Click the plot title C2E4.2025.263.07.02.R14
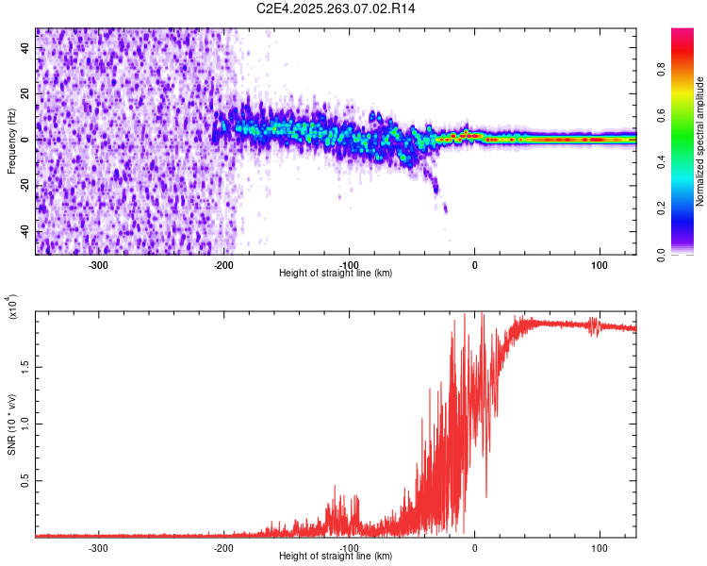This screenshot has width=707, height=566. (x=337, y=8)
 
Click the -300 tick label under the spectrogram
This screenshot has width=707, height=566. (x=99, y=264)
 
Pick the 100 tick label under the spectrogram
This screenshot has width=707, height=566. (x=599, y=264)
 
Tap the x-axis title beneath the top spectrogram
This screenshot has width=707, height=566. (x=336, y=274)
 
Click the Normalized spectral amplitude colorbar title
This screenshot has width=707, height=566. (x=700, y=141)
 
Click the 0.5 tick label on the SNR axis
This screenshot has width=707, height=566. (x=26, y=480)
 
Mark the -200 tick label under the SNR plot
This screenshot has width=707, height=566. (x=223, y=547)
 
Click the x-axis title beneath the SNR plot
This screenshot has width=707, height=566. (x=336, y=557)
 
